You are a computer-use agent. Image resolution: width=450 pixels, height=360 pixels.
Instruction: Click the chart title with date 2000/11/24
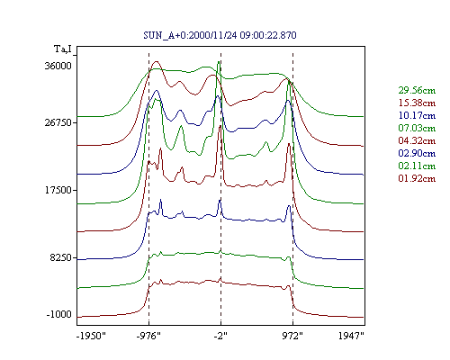[x=220, y=35]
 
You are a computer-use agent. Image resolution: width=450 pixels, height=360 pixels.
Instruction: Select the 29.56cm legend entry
[x=417, y=90]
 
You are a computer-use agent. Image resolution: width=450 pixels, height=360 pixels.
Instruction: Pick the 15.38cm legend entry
[x=417, y=103]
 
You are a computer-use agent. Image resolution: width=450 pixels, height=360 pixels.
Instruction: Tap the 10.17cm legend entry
[x=417, y=115]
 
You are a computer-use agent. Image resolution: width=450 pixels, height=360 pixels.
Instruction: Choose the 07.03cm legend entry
[x=417, y=128]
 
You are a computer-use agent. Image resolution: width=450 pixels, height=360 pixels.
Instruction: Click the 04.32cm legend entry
[x=417, y=140]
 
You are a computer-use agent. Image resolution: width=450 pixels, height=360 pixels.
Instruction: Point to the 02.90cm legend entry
[x=417, y=153]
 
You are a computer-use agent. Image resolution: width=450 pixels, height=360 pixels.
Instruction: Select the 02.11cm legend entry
[x=417, y=166]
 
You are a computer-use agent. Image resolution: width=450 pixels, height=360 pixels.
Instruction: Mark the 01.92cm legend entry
[x=417, y=178]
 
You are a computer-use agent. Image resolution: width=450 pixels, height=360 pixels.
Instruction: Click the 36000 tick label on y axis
[x=58, y=66]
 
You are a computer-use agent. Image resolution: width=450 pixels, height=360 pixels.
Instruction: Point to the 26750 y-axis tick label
[x=58, y=122]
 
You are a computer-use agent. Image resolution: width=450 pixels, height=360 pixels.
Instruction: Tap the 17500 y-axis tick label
[x=58, y=190]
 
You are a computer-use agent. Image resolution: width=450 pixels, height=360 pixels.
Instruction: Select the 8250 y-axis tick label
[x=61, y=257]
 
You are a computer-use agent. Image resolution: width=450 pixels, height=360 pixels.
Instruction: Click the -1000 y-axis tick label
[x=59, y=315]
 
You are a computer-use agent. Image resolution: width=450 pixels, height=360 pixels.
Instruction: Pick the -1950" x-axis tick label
[x=92, y=336]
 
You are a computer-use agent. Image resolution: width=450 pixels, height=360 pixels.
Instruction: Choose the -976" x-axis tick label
[x=148, y=336]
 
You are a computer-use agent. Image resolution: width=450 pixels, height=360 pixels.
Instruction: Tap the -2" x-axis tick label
[x=220, y=336]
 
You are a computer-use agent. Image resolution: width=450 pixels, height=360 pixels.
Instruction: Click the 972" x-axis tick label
[x=292, y=336]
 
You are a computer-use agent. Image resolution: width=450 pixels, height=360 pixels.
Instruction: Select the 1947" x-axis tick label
[x=351, y=336]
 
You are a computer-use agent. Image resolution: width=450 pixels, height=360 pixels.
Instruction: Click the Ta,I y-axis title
[x=63, y=49]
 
